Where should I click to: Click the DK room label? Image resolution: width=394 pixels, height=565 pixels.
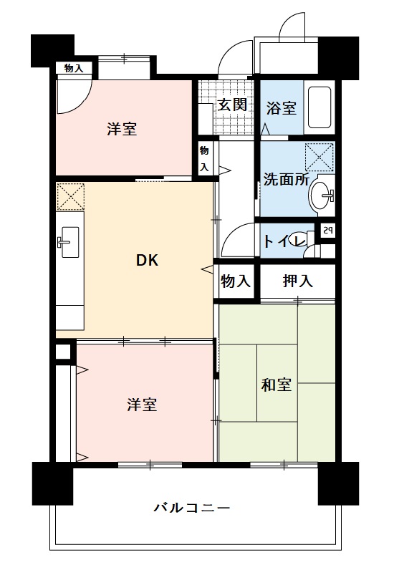click(x=147, y=261)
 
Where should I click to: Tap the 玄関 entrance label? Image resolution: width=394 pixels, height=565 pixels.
click(x=233, y=105)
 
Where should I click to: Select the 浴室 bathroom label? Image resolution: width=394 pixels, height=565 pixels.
click(x=281, y=108)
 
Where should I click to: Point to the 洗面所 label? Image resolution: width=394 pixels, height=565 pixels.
click(x=287, y=179)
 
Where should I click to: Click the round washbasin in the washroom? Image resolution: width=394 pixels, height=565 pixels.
click(x=322, y=196)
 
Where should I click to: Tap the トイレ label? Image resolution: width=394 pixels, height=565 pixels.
click(x=285, y=241)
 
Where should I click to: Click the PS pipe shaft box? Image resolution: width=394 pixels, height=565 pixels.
click(x=327, y=231)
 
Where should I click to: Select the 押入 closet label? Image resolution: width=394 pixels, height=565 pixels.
click(x=298, y=281)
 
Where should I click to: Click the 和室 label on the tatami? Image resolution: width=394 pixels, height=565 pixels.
click(x=276, y=385)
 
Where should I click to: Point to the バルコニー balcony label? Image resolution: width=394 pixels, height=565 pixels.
click(x=192, y=508)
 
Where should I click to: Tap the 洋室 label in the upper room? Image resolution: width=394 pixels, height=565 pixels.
click(x=122, y=129)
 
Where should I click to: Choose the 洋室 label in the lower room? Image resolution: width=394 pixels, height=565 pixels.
click(x=142, y=405)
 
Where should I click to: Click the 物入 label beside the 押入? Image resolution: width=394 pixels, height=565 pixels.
click(x=236, y=281)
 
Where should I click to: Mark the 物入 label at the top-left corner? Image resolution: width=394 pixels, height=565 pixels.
click(x=74, y=68)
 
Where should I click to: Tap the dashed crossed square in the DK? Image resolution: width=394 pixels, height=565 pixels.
click(x=71, y=197)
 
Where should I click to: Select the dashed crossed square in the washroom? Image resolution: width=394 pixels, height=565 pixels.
click(x=319, y=157)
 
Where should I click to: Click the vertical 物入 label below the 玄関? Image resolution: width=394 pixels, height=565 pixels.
click(x=204, y=158)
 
